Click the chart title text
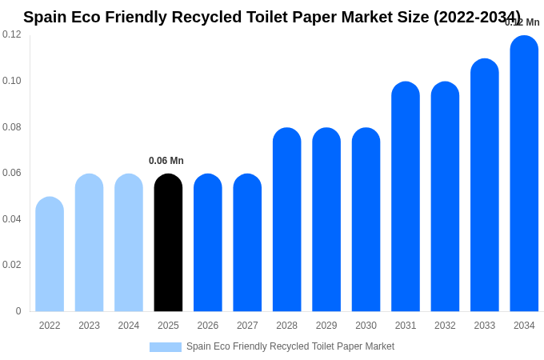272,17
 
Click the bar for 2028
286,219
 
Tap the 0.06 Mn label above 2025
166,161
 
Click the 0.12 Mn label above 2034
522,22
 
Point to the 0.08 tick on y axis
12,126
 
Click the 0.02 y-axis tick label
12,265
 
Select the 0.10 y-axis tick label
12,81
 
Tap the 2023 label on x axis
89,326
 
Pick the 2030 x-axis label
366,326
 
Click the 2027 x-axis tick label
247,326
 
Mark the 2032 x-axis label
445,326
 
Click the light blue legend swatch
165,347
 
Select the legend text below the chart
290,346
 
